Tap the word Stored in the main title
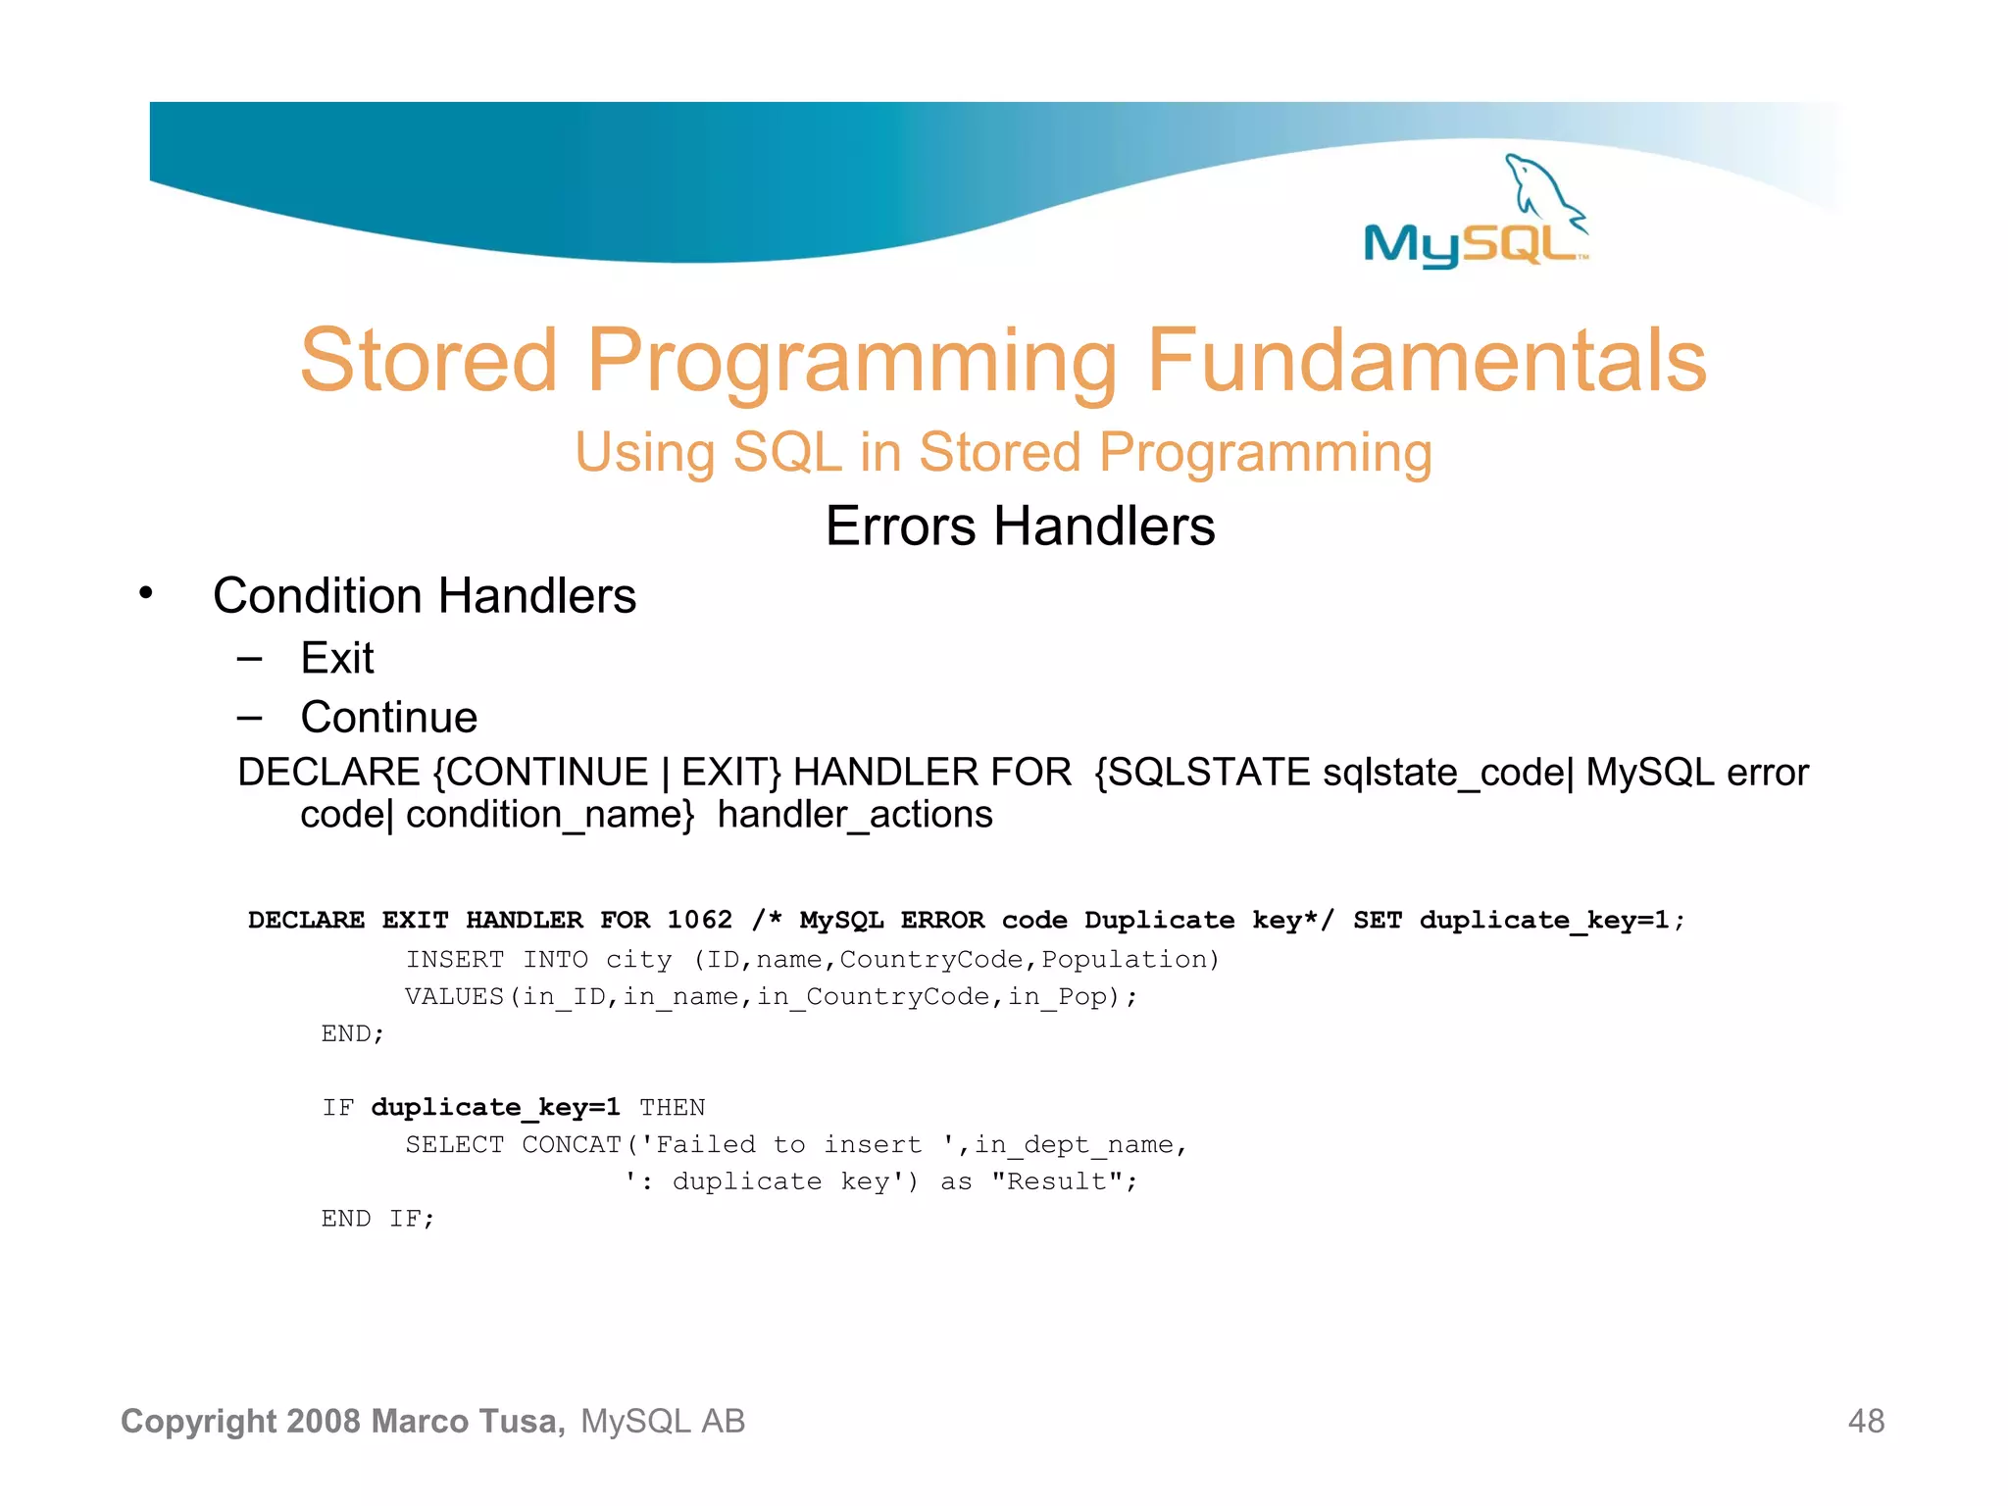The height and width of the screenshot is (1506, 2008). point(428,361)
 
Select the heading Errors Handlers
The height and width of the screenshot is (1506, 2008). point(1020,526)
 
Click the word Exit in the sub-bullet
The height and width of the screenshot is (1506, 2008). point(337,658)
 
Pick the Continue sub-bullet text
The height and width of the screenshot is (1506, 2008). point(389,718)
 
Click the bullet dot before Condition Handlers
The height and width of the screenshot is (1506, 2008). point(146,593)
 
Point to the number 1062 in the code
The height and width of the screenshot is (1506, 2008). point(699,920)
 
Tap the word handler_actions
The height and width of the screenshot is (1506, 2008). point(855,815)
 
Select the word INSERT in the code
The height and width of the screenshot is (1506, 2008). point(455,959)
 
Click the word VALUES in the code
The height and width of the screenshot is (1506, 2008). point(454,996)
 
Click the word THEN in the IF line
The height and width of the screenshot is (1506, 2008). point(672,1108)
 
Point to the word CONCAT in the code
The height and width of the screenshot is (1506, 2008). point(572,1144)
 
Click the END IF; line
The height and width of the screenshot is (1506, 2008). point(377,1219)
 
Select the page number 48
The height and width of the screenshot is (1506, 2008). point(1866,1421)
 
